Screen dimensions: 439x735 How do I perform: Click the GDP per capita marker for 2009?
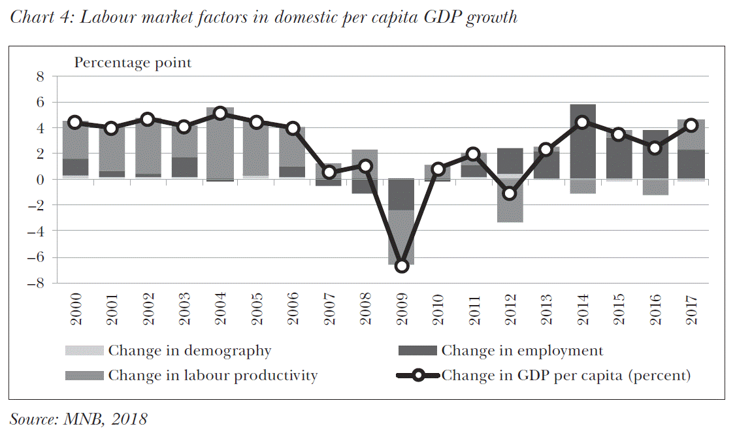(402, 266)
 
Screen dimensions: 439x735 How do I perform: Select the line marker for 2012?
(510, 193)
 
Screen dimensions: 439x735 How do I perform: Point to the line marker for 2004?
(220, 113)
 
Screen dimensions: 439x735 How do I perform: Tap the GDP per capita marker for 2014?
(583, 122)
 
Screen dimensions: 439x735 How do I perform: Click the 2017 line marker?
(691, 126)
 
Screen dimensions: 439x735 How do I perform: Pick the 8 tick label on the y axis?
(39, 76)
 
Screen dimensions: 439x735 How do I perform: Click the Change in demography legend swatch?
(85, 351)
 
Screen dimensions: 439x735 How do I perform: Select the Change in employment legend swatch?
(417, 351)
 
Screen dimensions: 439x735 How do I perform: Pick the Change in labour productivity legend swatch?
(85, 376)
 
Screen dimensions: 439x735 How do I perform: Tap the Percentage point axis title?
(133, 63)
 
